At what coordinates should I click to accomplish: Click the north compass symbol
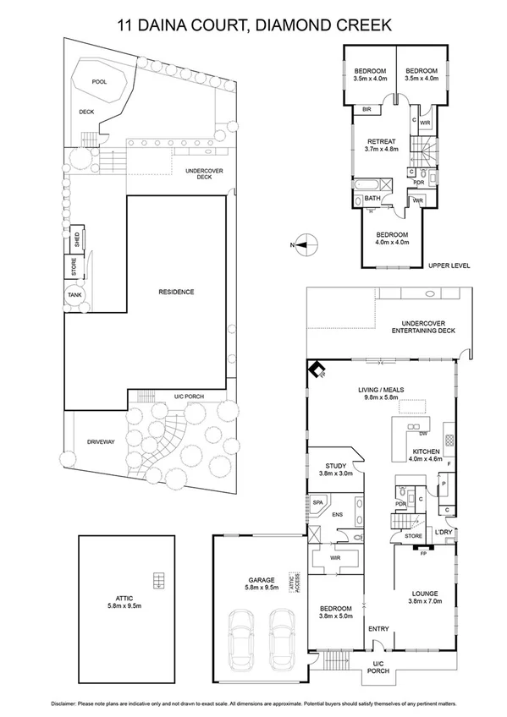(x=306, y=245)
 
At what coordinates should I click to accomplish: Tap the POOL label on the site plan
(x=100, y=82)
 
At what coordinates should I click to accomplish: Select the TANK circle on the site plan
(x=75, y=295)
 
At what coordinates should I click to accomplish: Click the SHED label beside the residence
(x=75, y=238)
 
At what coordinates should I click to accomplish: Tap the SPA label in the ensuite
(x=318, y=502)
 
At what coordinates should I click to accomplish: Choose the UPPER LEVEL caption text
(x=449, y=265)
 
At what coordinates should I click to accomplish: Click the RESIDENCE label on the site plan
(x=176, y=292)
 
